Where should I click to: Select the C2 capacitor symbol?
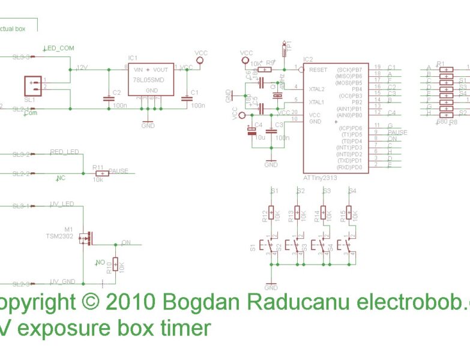109,97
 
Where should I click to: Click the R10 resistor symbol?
115,266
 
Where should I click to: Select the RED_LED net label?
64,152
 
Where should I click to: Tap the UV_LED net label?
62,204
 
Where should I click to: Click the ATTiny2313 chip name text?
321,178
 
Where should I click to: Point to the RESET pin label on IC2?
318,70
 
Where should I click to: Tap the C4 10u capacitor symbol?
252,130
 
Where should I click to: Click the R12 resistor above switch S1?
271,214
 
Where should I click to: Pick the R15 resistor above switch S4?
349,214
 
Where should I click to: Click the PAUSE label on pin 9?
397,132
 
